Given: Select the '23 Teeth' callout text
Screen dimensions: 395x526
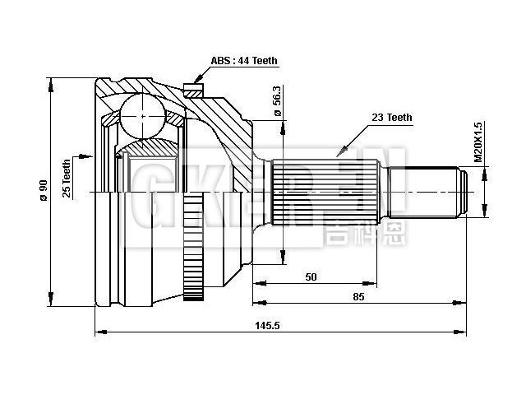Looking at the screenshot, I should pyautogui.click(x=392, y=118).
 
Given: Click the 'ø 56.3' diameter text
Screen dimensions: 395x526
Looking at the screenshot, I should pyautogui.click(x=277, y=101).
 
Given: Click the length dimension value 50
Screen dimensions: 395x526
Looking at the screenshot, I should pyautogui.click(x=311, y=277).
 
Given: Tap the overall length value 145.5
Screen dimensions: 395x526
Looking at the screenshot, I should pyautogui.click(x=268, y=326).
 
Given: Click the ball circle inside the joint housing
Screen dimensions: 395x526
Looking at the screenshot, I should pyautogui.click(x=143, y=116).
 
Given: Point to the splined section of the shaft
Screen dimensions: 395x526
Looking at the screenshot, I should pyautogui.click(x=325, y=193).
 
